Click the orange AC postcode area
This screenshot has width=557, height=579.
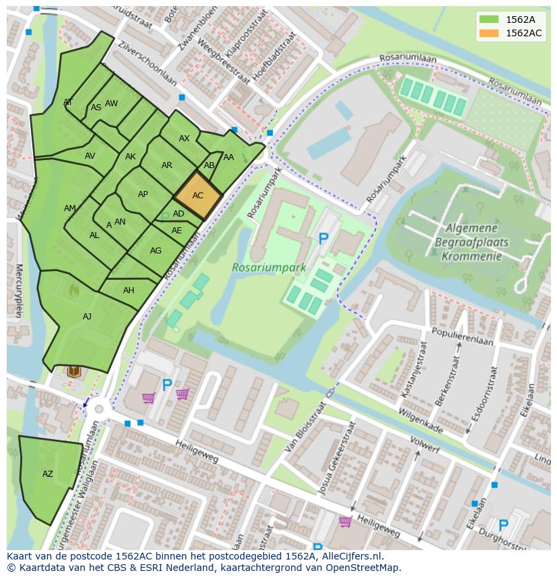[x=198, y=196]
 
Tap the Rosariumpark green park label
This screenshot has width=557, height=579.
[x=269, y=267]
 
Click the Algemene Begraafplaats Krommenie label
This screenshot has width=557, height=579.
[x=472, y=243]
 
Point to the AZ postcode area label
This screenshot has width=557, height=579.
[x=47, y=474]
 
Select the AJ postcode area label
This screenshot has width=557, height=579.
[x=87, y=317]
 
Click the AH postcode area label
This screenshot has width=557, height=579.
[x=128, y=291]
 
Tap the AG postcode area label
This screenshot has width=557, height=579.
[x=155, y=251]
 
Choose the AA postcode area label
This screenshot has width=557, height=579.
[x=229, y=157]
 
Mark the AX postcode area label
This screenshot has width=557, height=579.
[x=184, y=139]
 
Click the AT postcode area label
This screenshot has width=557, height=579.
[x=68, y=102]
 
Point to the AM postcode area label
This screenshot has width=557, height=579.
[x=70, y=208]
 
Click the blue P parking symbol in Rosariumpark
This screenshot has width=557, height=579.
[x=324, y=239]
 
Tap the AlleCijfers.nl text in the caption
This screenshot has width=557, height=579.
[x=349, y=556]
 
